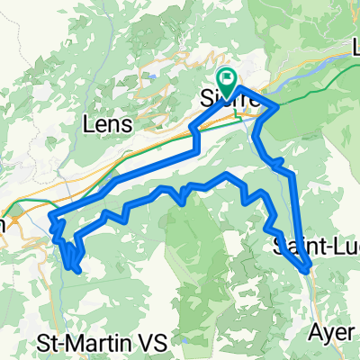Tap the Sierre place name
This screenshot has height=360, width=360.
(232, 99)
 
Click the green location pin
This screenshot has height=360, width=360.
(225, 81)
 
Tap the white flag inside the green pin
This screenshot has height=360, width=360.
(225, 78)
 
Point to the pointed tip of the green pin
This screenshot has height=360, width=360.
(225, 93)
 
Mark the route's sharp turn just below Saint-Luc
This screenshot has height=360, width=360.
(307, 269)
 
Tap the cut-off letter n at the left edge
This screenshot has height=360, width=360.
(3, 224)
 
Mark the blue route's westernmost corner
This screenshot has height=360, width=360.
(51, 216)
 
